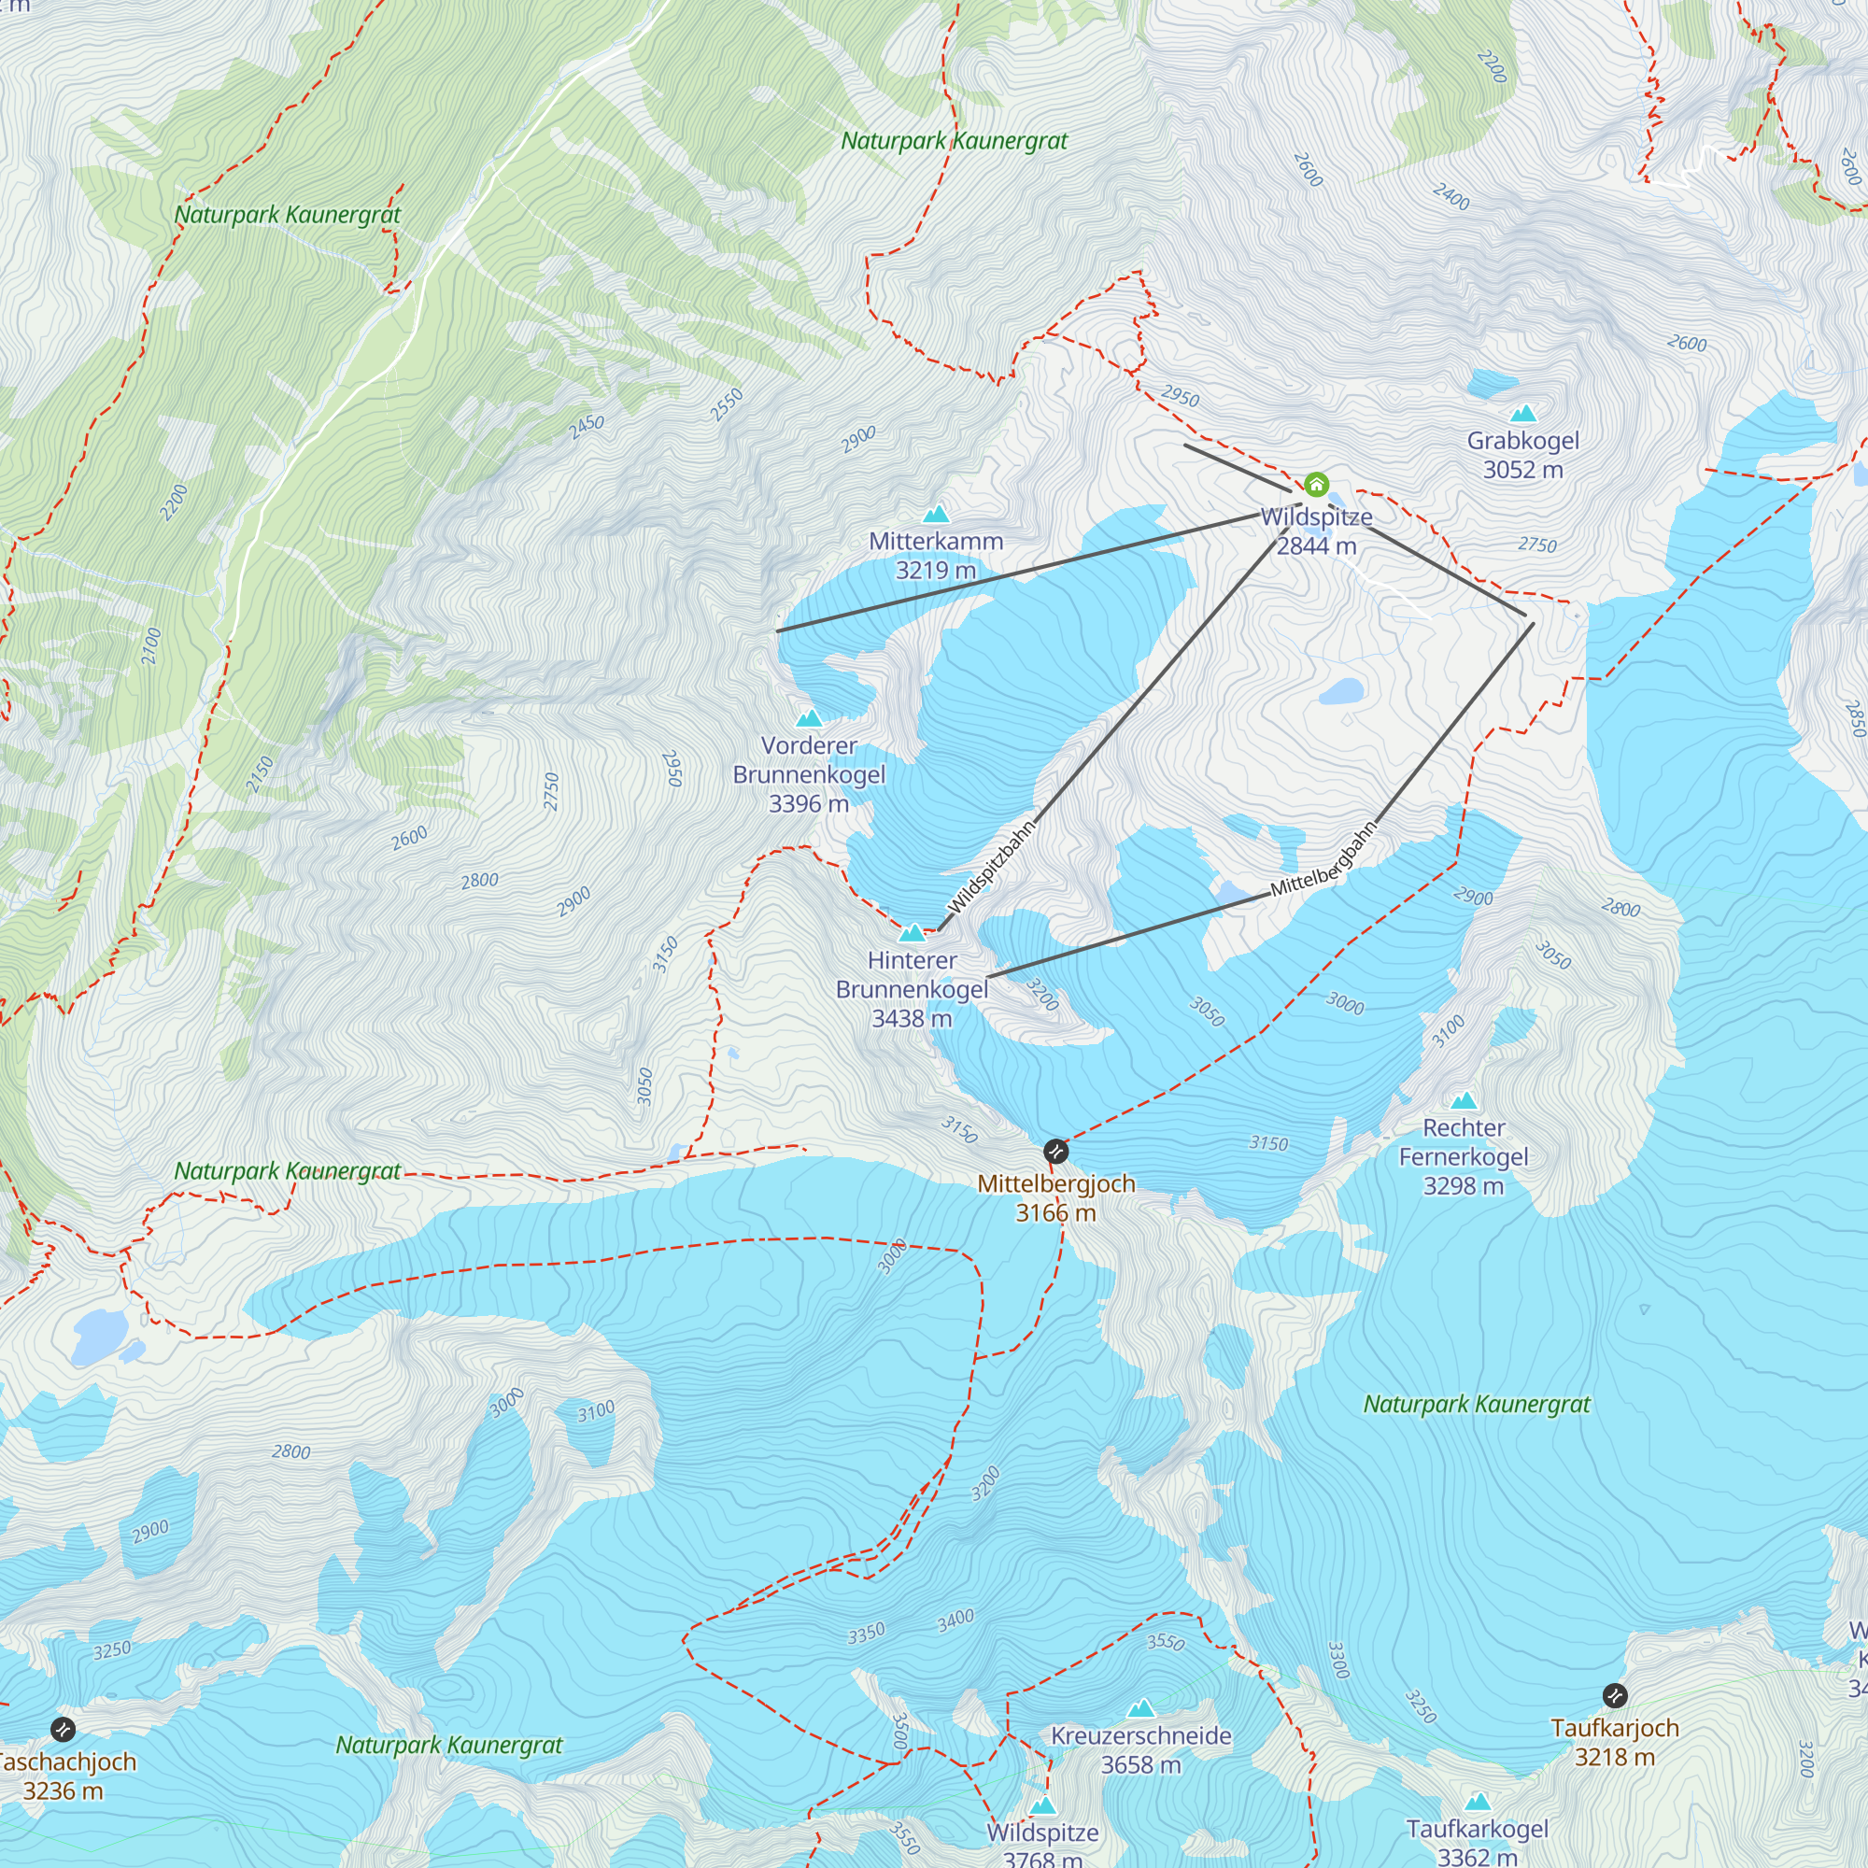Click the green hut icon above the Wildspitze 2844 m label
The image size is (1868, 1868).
click(1316, 485)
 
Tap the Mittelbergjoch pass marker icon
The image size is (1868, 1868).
click(1055, 1152)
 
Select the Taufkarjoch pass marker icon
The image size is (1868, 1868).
click(1615, 1695)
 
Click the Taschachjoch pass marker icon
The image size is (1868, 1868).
click(63, 1729)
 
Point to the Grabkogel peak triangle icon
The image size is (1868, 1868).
click(1523, 415)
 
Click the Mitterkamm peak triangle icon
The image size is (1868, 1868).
click(936, 515)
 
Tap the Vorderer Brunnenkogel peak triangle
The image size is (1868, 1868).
click(809, 718)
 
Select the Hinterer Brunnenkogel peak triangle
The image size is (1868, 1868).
click(912, 933)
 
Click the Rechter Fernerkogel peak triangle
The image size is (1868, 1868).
click(1464, 1100)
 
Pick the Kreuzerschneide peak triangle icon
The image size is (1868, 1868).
click(1142, 1708)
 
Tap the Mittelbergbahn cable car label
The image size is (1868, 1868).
click(1323, 858)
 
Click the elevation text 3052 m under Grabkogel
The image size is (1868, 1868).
click(1522, 470)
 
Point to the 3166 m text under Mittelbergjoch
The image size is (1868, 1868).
click(1055, 1212)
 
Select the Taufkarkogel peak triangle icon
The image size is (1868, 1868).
click(1478, 1802)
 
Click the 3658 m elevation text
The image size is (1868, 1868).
click(1141, 1764)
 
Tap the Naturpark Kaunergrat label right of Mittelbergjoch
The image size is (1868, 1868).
click(1477, 1404)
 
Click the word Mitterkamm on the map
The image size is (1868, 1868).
click(936, 542)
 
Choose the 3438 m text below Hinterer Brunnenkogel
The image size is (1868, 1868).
click(912, 1018)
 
